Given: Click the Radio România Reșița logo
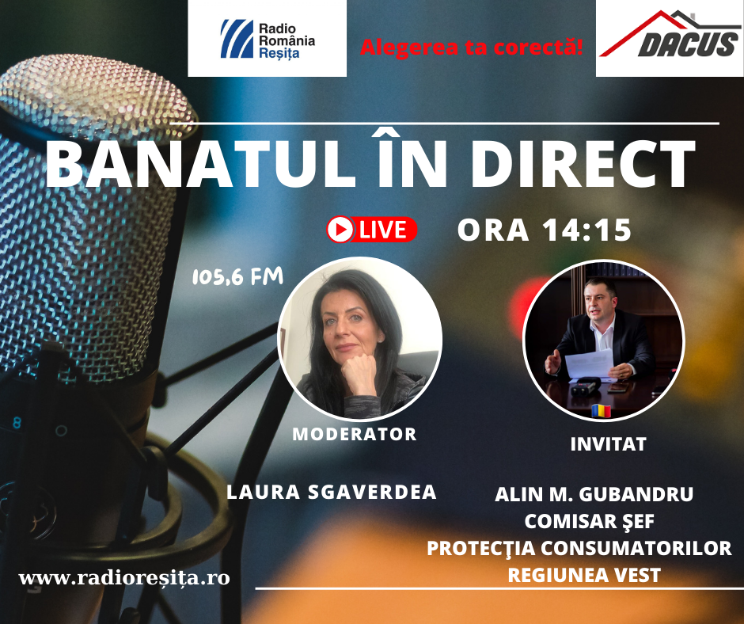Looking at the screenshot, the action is [x=268, y=39].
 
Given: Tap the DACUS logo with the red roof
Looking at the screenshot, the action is [x=670, y=39].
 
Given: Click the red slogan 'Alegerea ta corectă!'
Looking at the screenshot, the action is [x=471, y=47].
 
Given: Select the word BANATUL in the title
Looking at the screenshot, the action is [x=199, y=165].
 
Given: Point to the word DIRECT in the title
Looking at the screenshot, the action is [x=583, y=165].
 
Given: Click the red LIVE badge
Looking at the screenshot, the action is [x=372, y=230].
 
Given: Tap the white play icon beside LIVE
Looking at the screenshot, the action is [x=340, y=230].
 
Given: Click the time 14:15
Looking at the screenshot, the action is [x=587, y=230].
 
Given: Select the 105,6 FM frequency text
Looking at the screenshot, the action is [x=237, y=276].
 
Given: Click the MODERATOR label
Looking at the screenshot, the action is [x=355, y=434].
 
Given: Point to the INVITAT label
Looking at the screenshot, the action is [x=609, y=444].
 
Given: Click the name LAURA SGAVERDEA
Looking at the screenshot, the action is [x=331, y=492].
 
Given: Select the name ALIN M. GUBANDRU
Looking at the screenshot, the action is [x=594, y=494].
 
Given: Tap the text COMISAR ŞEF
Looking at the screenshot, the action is [x=590, y=521].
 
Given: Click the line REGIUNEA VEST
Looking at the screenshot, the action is [x=584, y=575].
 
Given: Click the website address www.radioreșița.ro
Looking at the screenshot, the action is [x=124, y=578].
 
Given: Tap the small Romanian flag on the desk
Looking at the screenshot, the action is [x=602, y=410].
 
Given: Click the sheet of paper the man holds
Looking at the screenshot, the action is [x=589, y=363].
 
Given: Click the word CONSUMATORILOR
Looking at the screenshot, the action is [x=636, y=548].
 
